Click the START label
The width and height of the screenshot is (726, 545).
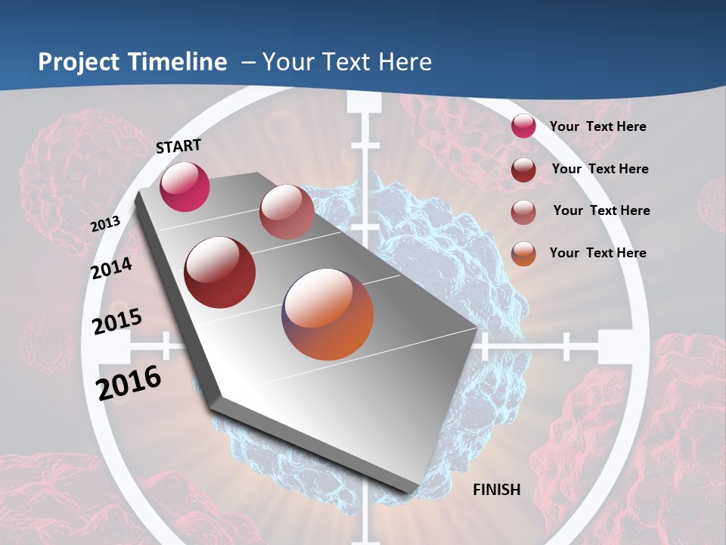tap(178, 146)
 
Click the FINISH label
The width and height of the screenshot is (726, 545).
tap(497, 490)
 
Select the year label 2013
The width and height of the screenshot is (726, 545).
tap(106, 224)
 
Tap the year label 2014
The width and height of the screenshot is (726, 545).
tap(112, 269)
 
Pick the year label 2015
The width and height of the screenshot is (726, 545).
tap(117, 321)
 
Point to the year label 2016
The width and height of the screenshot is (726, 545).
tap(129, 382)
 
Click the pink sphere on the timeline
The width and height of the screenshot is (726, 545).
tap(185, 187)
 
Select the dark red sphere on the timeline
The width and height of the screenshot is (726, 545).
tap(220, 272)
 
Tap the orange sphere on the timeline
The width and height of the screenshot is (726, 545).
tap(327, 313)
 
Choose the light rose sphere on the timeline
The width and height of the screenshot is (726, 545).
tap(287, 212)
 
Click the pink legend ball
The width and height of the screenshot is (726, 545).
tap(523, 126)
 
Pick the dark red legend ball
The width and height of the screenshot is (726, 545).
tap(523, 170)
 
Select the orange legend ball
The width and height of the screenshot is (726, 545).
tap(523, 254)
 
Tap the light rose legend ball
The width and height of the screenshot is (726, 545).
tap(523, 212)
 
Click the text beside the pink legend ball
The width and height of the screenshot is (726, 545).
tap(598, 127)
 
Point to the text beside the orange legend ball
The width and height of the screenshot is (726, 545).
tap(598, 253)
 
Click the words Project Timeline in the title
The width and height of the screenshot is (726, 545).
tap(132, 62)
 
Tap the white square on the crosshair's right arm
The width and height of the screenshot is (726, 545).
tap(615, 347)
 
